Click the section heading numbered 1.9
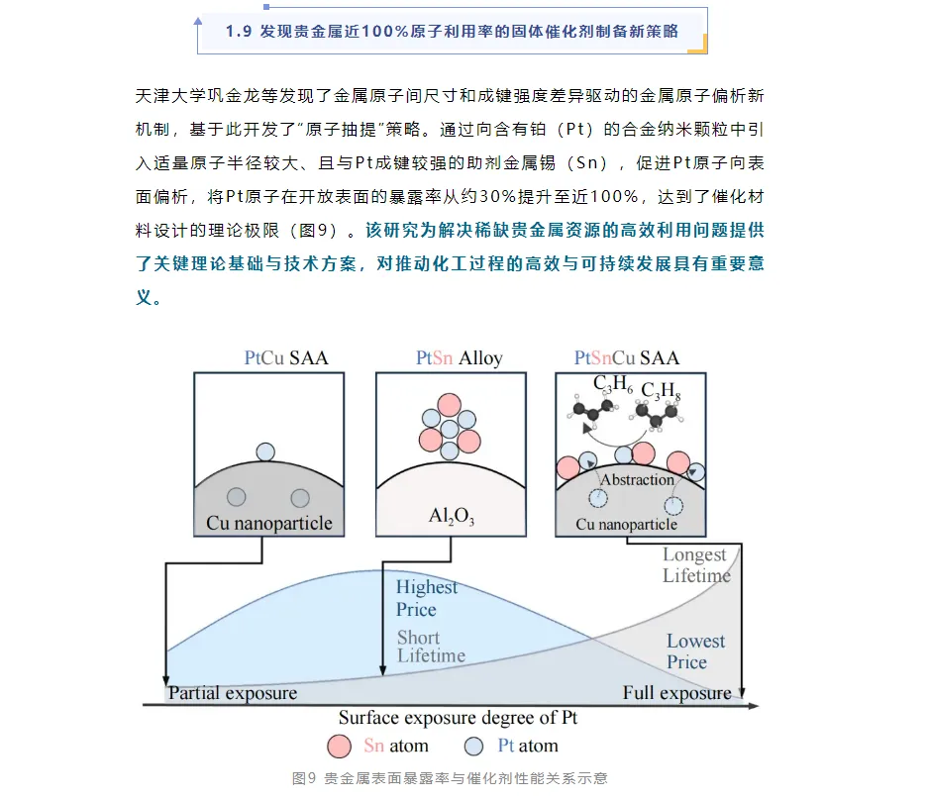452,32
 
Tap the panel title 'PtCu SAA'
286,357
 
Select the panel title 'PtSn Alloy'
460,357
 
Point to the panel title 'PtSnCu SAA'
627,357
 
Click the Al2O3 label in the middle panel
452,515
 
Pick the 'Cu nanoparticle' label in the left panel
269,523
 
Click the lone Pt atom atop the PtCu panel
265,452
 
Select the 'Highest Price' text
427,598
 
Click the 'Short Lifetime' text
431,647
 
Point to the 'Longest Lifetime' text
696,565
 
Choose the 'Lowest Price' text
695,651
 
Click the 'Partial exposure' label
233,693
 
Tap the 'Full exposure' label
676,693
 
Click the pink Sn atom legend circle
340,747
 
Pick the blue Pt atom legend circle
474,747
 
